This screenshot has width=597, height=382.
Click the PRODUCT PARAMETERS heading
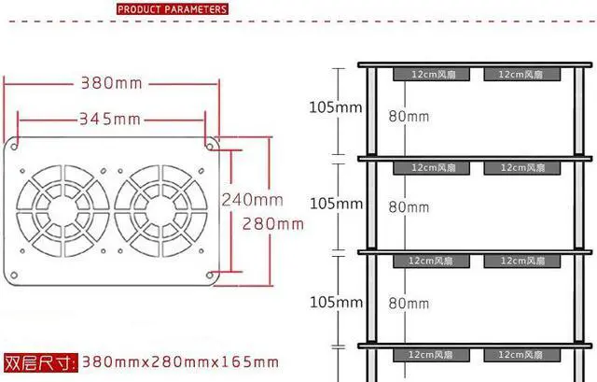pos(172,9)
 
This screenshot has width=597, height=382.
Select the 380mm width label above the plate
pos(111,82)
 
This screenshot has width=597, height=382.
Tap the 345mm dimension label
pos(109,119)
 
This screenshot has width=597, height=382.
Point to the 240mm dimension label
pos(252,199)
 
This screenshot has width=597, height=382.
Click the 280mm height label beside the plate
pos(272,223)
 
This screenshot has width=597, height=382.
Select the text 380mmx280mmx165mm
pos(180,361)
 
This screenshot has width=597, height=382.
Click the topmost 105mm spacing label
pos(336,106)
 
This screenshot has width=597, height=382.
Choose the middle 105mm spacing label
pos(336,203)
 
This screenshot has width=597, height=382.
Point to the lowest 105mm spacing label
pos(336,302)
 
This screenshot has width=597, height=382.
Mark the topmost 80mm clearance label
pos(409,117)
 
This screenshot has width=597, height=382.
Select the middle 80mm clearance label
pos(409,207)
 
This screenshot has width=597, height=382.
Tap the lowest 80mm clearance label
pos(409,303)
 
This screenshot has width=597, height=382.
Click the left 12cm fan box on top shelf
pos(431,73)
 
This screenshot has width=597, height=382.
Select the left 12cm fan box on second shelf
pos(431,168)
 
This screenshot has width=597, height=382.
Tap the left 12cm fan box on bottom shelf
pos(431,355)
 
